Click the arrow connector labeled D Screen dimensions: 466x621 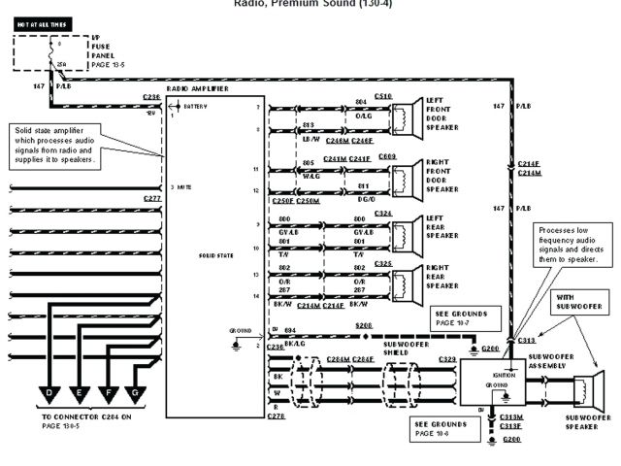(49, 393)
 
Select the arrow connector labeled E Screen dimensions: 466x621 (79, 393)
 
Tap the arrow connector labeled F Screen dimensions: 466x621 (108, 393)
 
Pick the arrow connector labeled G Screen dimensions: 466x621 (136, 393)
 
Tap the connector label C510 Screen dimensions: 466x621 (382, 96)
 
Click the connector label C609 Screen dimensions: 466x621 (386, 156)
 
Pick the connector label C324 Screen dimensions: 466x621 (382, 213)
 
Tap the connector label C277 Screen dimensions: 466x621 (152, 198)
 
